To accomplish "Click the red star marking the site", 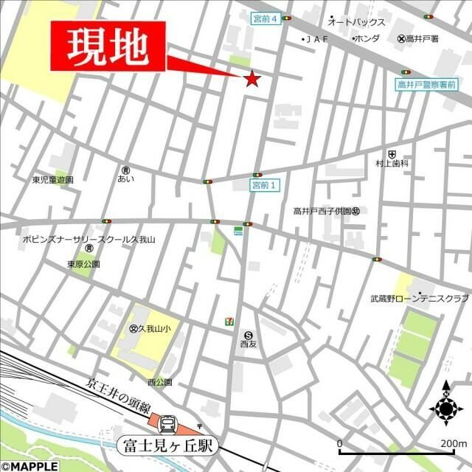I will click(x=252, y=78).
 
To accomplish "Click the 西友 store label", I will click(x=248, y=343).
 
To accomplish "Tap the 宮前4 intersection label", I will click(x=266, y=19).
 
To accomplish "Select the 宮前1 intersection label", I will click(x=263, y=185).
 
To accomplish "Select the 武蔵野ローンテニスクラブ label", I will click(x=419, y=299).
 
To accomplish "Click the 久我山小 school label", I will click(x=154, y=329).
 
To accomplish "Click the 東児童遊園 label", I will click(x=52, y=179).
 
